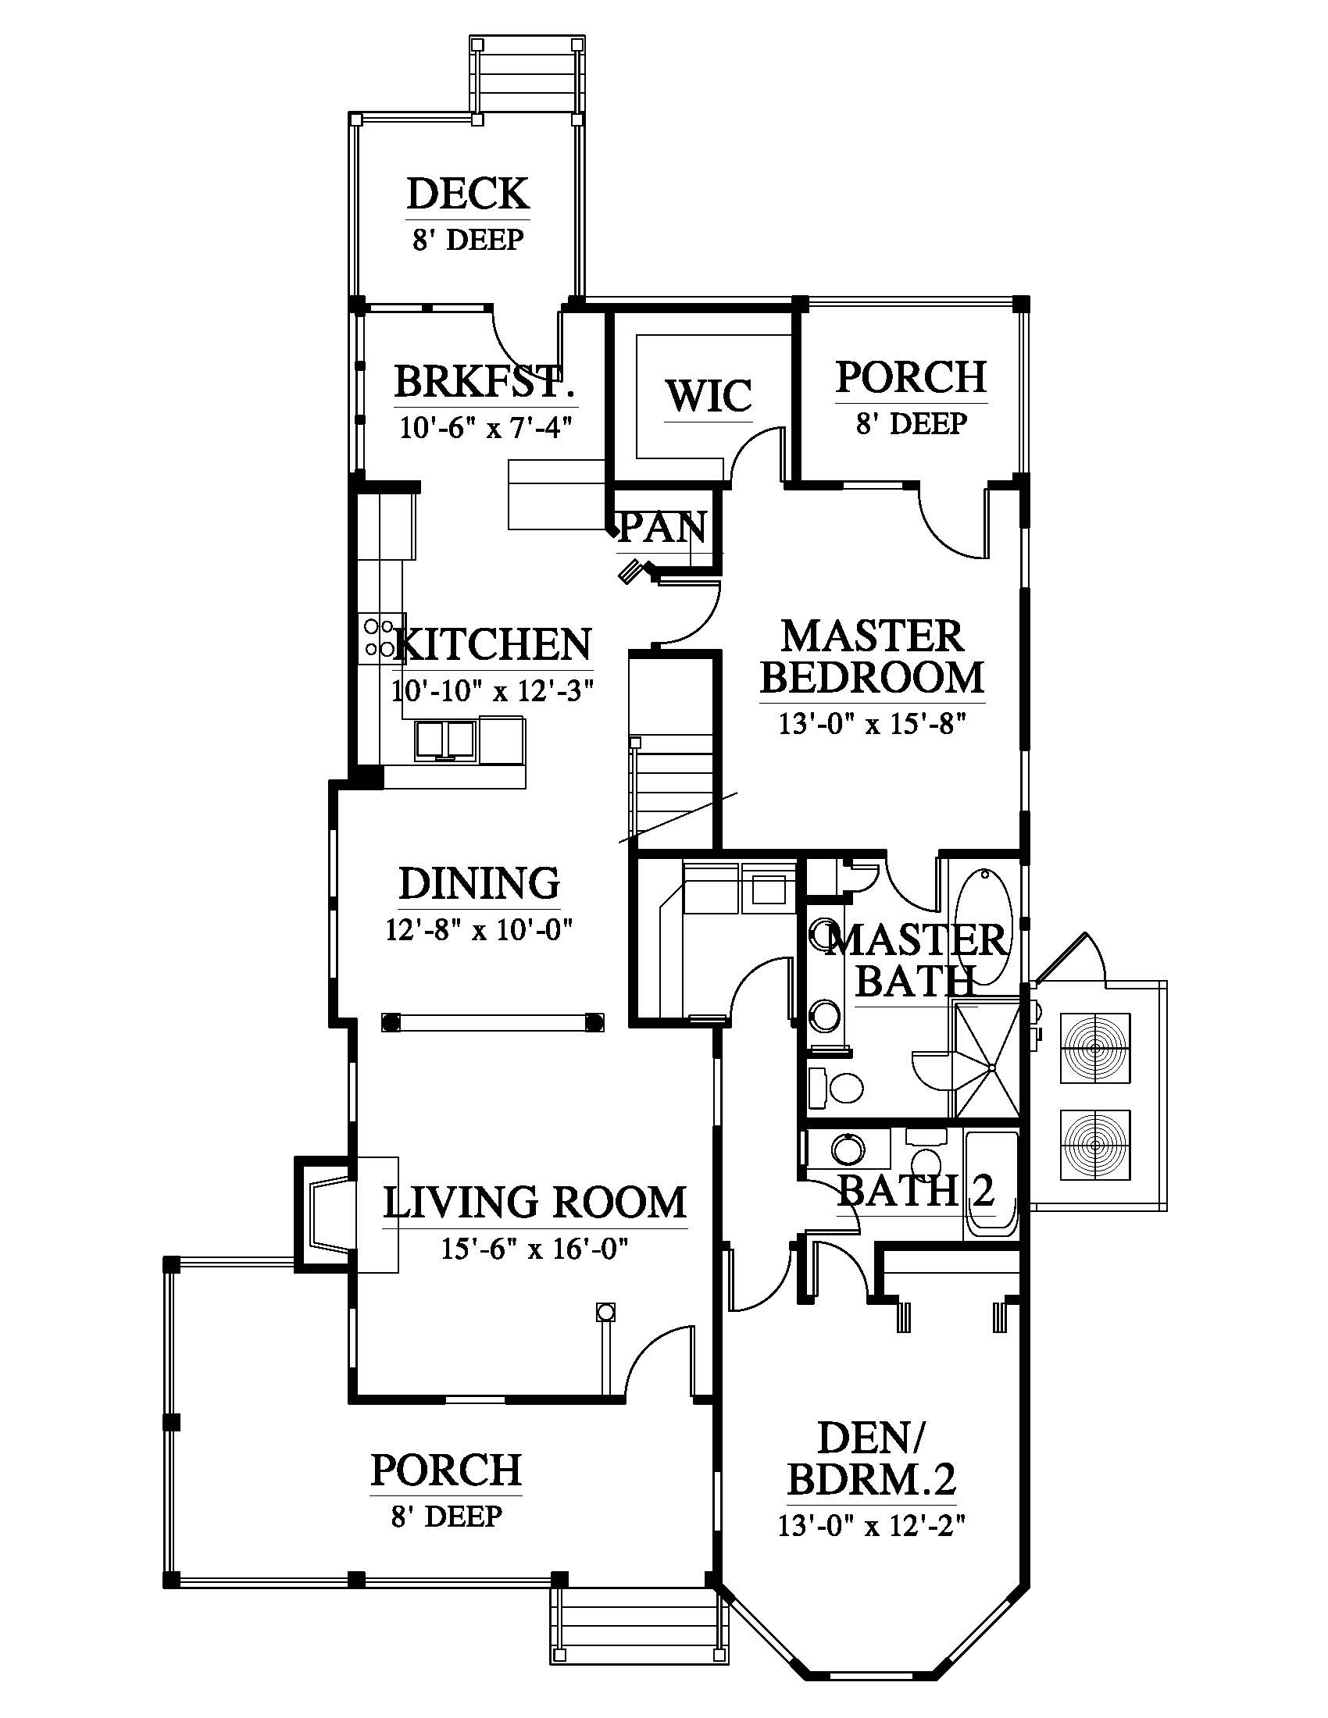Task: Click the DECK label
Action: coord(468,194)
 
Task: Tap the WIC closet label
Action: coord(709,396)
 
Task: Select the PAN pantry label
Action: coord(662,527)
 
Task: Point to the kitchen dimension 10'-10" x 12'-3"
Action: coord(492,690)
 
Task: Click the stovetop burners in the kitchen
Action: coord(379,638)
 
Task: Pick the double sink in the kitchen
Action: coord(445,740)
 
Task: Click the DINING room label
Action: coord(479,883)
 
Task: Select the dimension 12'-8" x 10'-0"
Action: coord(478,930)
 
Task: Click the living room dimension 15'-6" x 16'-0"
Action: coord(534,1249)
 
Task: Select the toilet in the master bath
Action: coord(837,1086)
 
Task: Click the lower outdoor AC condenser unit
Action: coord(1096,1145)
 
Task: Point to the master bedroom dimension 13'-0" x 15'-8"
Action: coord(872,723)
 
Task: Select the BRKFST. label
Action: coord(484,383)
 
